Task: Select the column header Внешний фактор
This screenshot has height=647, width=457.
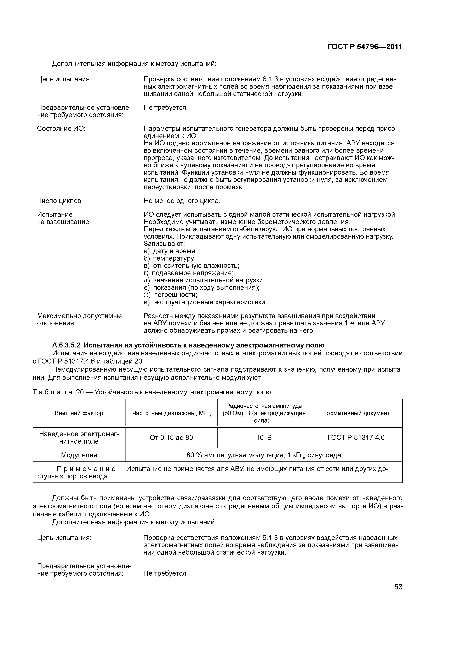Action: [x=79, y=413]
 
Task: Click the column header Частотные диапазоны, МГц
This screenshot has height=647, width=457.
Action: [x=172, y=413]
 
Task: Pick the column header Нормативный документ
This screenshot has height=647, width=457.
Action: [x=356, y=413]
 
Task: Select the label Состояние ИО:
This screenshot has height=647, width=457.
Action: [x=61, y=129]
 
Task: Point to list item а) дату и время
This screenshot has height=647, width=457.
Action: [x=170, y=251]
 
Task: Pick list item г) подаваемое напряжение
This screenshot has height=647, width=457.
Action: [x=188, y=273]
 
